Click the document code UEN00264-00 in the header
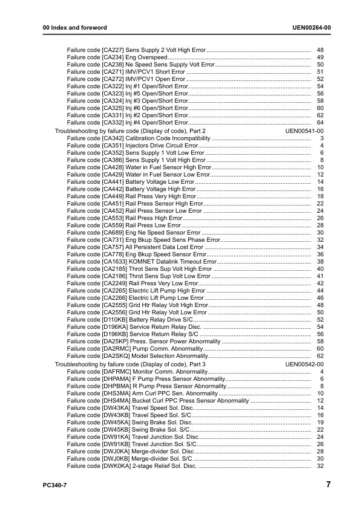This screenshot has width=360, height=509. (311, 28)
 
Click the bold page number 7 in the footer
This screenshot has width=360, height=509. (328, 485)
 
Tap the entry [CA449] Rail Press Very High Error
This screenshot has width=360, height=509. (131, 196)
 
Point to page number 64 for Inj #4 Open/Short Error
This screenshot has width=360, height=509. (321, 123)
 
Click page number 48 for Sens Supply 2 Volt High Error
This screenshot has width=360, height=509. (321, 50)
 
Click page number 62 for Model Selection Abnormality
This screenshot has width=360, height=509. (321, 357)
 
